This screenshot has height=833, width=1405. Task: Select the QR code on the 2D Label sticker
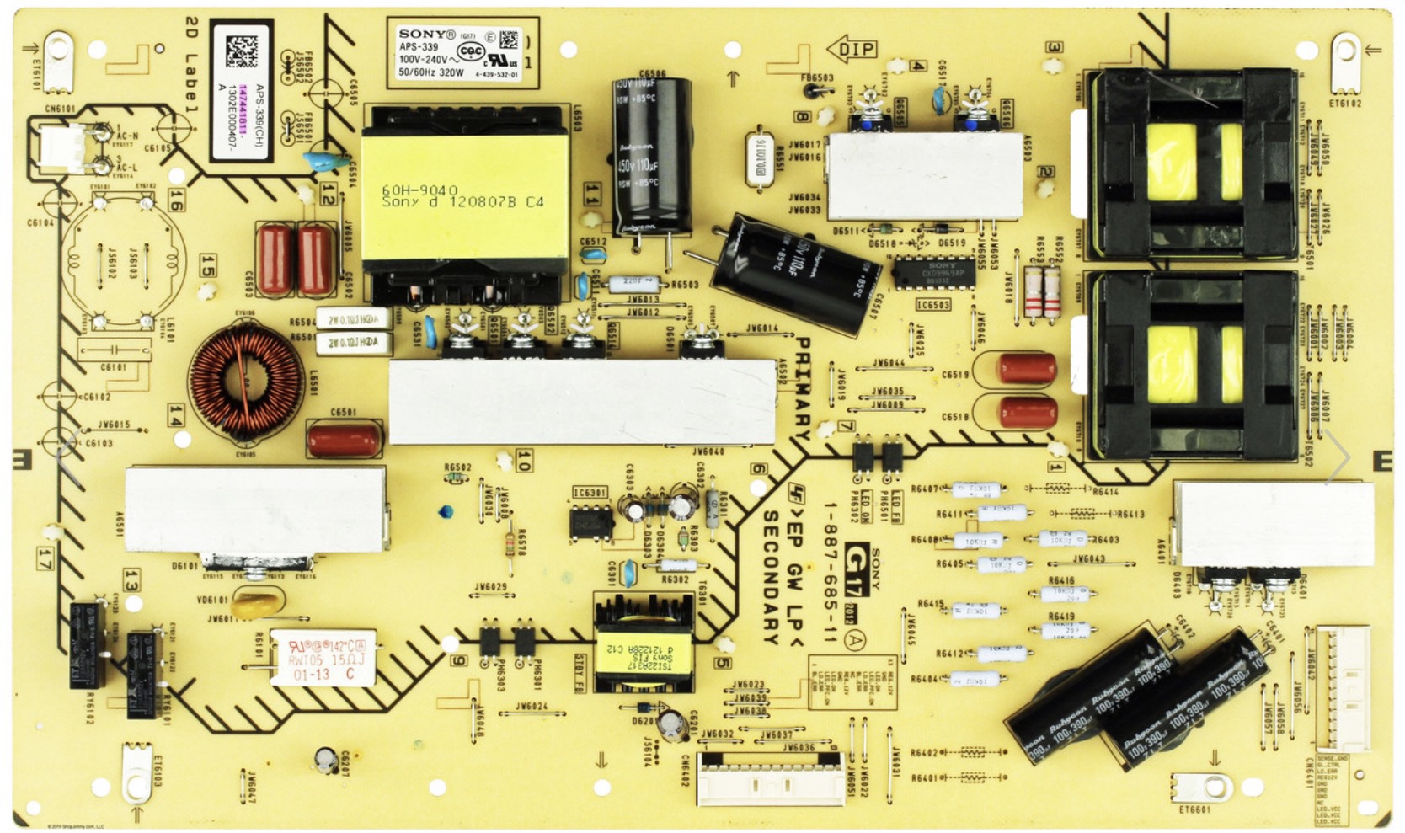point(241,51)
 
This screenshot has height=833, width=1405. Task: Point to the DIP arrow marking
point(852,49)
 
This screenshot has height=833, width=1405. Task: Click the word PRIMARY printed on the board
point(801,388)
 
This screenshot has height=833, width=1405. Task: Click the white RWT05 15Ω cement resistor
point(322,658)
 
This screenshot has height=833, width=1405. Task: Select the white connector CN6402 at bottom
point(769,778)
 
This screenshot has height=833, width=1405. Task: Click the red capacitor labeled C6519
point(1026,368)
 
